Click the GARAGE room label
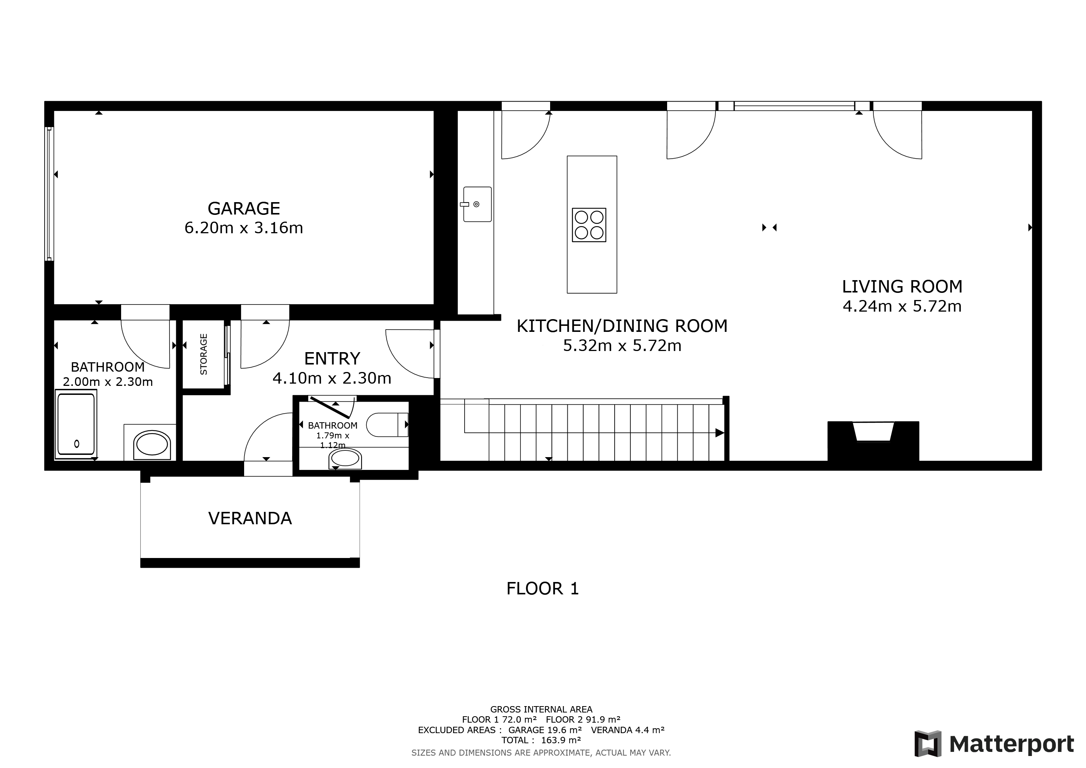pyautogui.click(x=244, y=208)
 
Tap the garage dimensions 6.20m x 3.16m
pyautogui.click(x=244, y=228)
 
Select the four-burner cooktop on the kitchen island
pyautogui.click(x=589, y=225)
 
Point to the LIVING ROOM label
pyautogui.click(x=902, y=286)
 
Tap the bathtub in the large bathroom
pyautogui.click(x=76, y=424)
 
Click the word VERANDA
pyautogui.click(x=250, y=518)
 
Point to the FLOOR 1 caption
pyautogui.click(x=543, y=588)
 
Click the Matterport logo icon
pyautogui.click(x=928, y=744)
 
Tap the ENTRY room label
pyautogui.click(x=332, y=358)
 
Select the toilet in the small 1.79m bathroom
pyautogui.click(x=387, y=424)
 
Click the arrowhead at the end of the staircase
pyautogui.click(x=719, y=433)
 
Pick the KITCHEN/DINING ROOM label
pyautogui.click(x=622, y=326)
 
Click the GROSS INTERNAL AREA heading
pyautogui.click(x=541, y=709)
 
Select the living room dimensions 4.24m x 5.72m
pyautogui.click(x=902, y=306)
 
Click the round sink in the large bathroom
pyautogui.click(x=152, y=444)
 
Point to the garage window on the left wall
pyautogui.click(x=49, y=193)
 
